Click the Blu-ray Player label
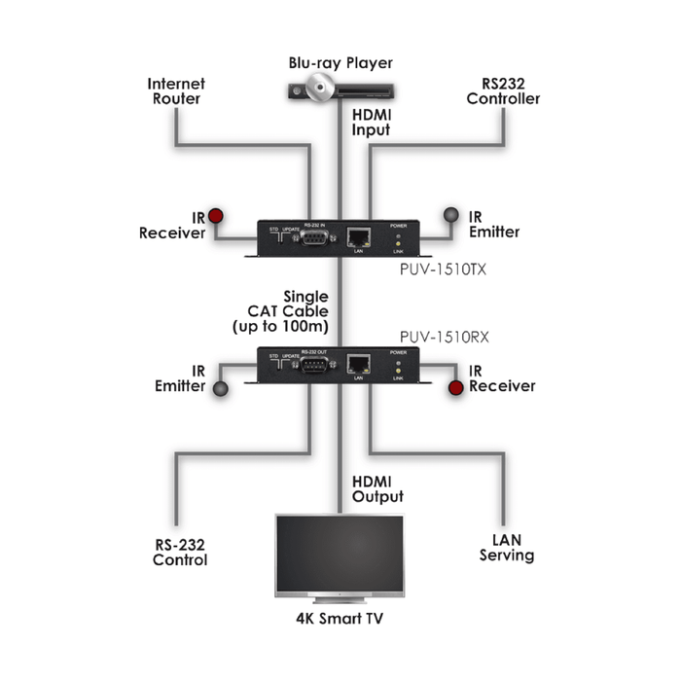pyautogui.click(x=340, y=63)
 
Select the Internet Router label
pyautogui.click(x=176, y=91)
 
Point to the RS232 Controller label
pyautogui.click(x=503, y=91)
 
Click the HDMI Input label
pyautogui.click(x=370, y=122)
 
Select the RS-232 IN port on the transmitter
pyautogui.click(x=312, y=236)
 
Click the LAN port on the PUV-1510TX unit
pyautogui.click(x=358, y=236)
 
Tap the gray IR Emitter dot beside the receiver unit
pyautogui.click(x=222, y=388)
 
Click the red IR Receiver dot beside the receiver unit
pyautogui.click(x=455, y=388)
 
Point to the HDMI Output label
pyautogui.click(x=377, y=489)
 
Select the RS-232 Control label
pyautogui.click(x=180, y=553)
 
